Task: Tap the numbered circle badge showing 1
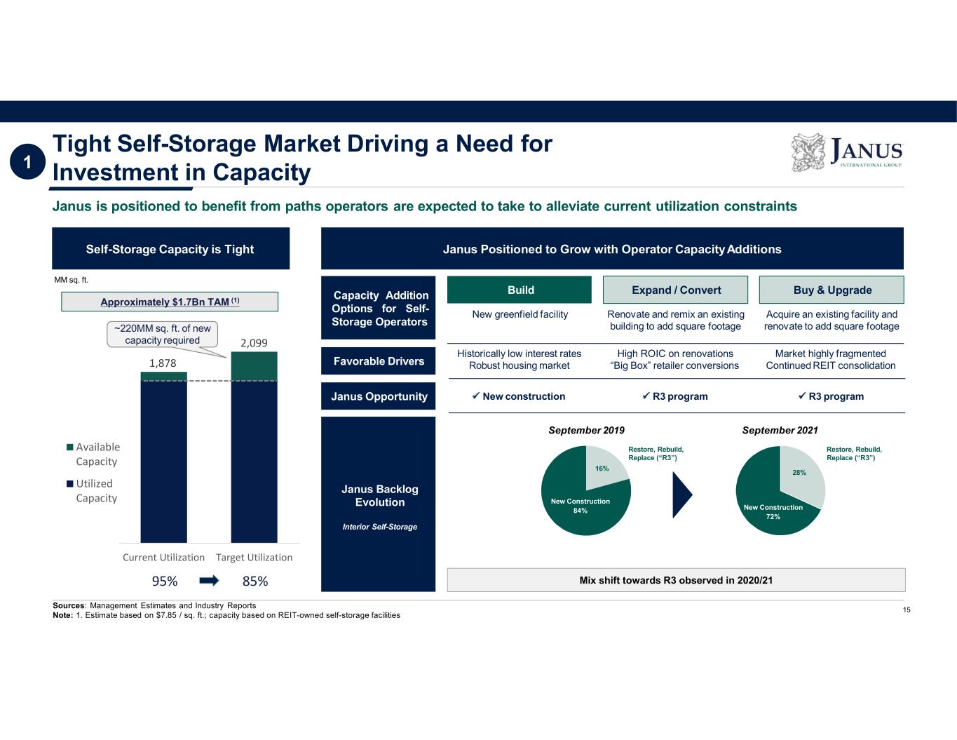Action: (x=27, y=163)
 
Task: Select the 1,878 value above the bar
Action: (x=163, y=363)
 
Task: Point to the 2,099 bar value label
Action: (x=254, y=343)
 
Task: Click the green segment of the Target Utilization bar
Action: (x=254, y=366)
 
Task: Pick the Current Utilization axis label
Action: (x=163, y=557)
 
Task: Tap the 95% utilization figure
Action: (x=165, y=581)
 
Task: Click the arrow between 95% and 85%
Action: (x=209, y=581)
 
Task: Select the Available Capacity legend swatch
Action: (x=70, y=447)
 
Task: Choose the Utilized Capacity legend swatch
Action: (x=70, y=483)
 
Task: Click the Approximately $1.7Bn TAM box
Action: (x=170, y=302)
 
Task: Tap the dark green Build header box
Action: (x=520, y=290)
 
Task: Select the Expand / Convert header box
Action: (x=675, y=290)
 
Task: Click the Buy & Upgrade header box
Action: (x=832, y=290)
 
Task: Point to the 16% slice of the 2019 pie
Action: (x=603, y=466)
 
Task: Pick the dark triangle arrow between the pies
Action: (x=681, y=495)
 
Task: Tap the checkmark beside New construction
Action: (x=475, y=396)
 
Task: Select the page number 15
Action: (x=907, y=610)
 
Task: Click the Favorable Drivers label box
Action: (x=379, y=361)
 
